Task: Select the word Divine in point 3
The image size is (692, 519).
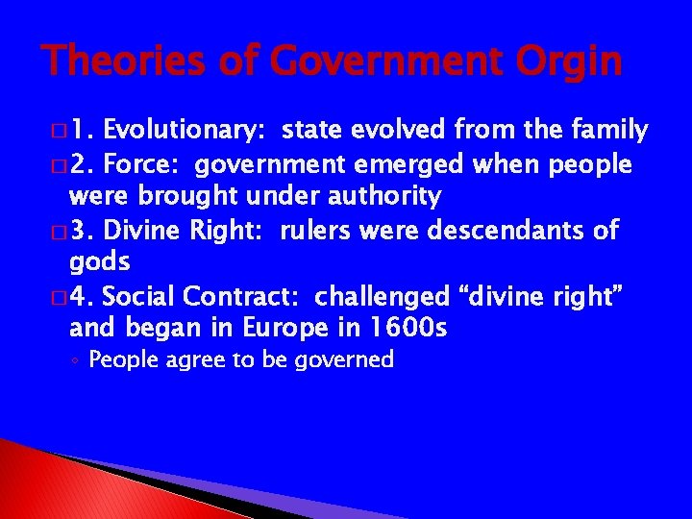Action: [x=144, y=232]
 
